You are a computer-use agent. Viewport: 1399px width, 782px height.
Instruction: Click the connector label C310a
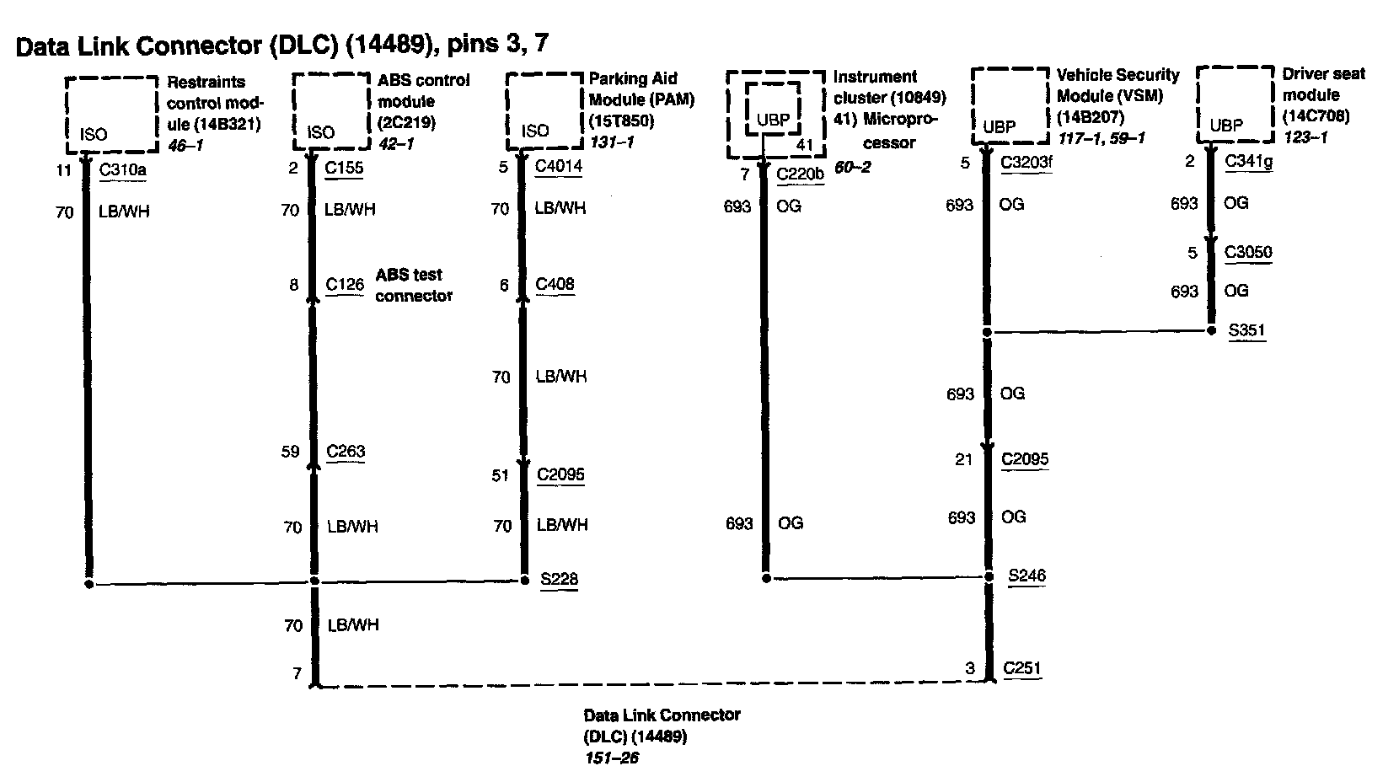point(122,170)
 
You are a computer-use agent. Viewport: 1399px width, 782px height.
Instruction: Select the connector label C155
point(344,168)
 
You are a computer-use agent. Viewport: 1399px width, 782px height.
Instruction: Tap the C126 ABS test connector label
point(345,285)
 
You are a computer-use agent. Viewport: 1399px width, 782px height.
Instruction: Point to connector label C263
point(346,452)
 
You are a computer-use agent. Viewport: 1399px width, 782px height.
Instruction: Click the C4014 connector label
point(559,166)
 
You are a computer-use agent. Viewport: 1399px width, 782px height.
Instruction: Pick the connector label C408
point(555,284)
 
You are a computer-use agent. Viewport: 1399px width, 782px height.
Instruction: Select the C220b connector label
point(800,174)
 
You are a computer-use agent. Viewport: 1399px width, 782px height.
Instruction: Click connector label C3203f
point(1026,162)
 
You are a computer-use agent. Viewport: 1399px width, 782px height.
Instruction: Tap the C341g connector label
point(1248,161)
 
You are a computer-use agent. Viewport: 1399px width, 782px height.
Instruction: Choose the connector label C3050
point(1248,252)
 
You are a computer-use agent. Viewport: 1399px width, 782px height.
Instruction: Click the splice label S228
point(559,579)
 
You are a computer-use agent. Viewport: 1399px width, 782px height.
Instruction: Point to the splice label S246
point(1026,576)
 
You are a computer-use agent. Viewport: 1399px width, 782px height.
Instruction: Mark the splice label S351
point(1246,329)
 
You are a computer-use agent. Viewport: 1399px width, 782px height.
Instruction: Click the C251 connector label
point(1022,668)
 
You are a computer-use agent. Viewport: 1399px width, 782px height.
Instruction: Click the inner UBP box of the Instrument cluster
point(773,110)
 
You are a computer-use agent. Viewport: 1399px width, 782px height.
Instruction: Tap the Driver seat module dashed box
point(1235,104)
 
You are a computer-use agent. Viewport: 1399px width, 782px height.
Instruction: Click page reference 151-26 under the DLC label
point(611,758)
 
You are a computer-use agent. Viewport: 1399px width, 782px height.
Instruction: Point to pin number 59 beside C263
point(290,452)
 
